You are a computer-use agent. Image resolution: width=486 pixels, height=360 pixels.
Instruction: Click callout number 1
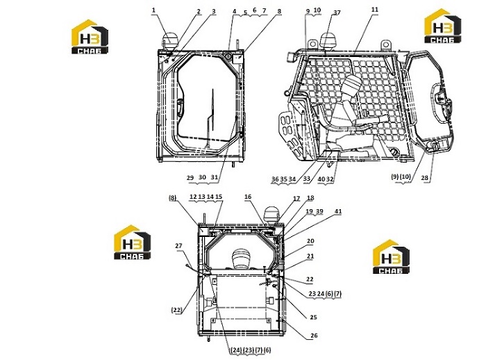[153, 10]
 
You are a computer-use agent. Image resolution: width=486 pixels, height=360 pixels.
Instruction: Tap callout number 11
[375, 10]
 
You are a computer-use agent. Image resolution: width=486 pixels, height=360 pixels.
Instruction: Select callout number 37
[337, 13]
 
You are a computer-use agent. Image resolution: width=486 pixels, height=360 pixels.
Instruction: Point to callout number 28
[424, 177]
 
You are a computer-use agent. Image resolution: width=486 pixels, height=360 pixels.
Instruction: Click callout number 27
[178, 246]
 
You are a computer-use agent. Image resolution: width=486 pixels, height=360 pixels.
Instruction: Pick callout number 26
[314, 336]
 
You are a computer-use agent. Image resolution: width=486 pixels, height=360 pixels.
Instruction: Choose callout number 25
[313, 317]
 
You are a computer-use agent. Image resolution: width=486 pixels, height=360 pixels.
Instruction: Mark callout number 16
[248, 197]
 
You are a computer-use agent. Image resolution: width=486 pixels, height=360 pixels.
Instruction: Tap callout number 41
[338, 211]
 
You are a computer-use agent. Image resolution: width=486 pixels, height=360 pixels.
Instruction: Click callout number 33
[307, 179]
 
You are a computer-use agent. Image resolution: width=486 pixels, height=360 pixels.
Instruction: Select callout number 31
[214, 177]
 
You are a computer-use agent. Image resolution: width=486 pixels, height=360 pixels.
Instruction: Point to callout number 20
[310, 241]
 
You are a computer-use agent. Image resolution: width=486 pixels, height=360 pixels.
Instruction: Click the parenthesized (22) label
[177, 310]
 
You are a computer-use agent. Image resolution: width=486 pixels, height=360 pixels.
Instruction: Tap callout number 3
[214, 11]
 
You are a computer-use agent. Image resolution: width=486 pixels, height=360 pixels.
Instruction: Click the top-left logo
[90, 37]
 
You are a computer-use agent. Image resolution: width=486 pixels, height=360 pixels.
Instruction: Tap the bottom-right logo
[391, 256]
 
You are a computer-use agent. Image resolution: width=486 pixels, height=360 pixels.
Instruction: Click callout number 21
[310, 256]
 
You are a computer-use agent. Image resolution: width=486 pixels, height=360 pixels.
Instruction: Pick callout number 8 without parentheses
[279, 11]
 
